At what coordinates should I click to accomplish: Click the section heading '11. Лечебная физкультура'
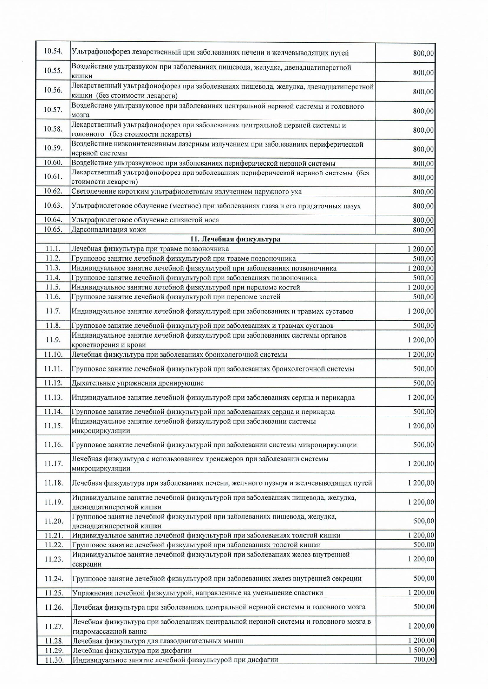235,239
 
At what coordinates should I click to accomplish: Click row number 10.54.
53,51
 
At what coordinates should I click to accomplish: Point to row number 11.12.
53,383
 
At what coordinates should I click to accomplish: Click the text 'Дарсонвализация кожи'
109,230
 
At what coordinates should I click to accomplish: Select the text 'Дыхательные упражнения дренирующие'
138,383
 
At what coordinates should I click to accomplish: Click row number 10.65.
53,229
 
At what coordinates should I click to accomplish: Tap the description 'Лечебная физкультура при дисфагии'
132,651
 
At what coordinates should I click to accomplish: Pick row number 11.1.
53,249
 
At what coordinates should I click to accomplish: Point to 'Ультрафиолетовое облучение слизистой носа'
145,220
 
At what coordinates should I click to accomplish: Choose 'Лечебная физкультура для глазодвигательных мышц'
158,641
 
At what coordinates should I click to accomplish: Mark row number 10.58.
53,129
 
